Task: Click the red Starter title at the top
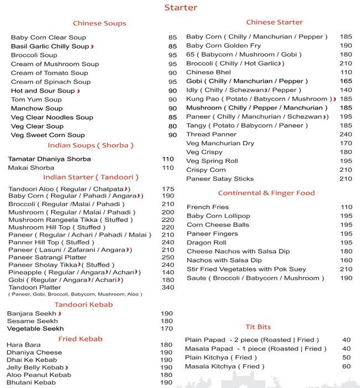click(x=181, y=8)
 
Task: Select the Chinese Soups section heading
click(x=100, y=23)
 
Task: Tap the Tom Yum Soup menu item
click(x=36, y=99)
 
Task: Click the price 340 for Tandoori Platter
click(x=167, y=287)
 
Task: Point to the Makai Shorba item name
click(x=31, y=167)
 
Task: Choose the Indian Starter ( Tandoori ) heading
click(x=91, y=177)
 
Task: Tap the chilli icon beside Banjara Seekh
click(x=59, y=314)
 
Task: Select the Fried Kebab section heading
click(x=80, y=339)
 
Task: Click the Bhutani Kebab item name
click(x=31, y=382)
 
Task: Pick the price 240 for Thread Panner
click(x=346, y=134)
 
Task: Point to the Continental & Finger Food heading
click(x=266, y=193)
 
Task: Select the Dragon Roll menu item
click(x=207, y=242)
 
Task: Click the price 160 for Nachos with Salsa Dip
click(x=346, y=260)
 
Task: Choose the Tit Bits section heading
click(x=258, y=327)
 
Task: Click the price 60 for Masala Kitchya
click(x=346, y=366)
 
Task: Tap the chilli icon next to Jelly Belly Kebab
click(x=66, y=367)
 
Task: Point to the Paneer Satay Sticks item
click(x=220, y=178)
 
